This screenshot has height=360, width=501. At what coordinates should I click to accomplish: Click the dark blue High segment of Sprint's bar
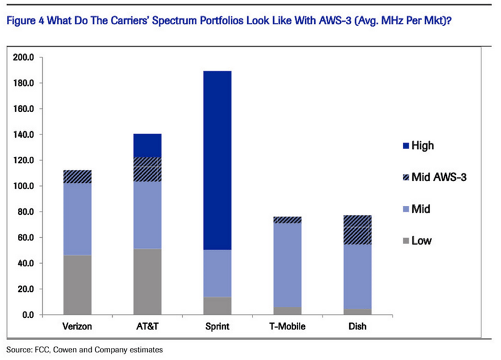click(x=217, y=159)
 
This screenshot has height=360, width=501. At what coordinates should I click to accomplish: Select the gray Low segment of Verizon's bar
click(x=78, y=284)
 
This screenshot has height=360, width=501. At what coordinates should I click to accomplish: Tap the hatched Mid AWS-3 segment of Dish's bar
click(x=357, y=230)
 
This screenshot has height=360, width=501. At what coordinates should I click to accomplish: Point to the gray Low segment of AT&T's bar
click(x=148, y=281)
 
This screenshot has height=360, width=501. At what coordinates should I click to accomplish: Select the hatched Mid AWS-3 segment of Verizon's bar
click(x=78, y=176)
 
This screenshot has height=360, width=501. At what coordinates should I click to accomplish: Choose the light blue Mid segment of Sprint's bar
click(x=217, y=273)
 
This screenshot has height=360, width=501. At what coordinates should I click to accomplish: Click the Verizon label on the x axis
click(x=78, y=328)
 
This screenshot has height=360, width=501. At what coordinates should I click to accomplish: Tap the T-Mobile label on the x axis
click(x=287, y=328)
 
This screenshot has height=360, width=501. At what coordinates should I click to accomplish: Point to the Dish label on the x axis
click(x=357, y=328)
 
